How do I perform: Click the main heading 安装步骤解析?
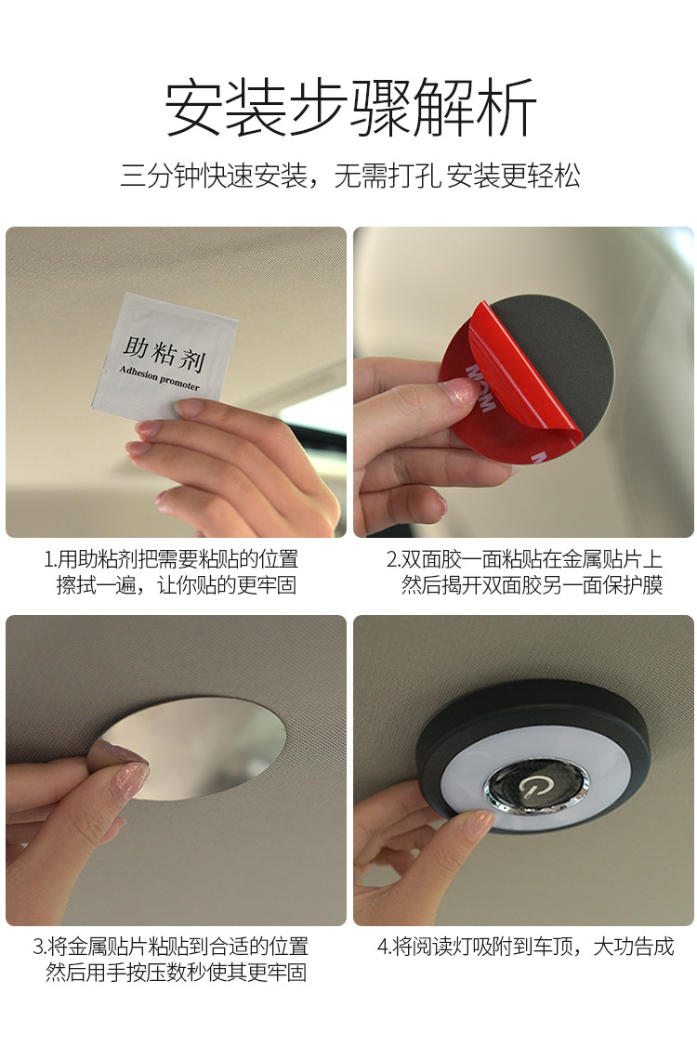click(x=349, y=108)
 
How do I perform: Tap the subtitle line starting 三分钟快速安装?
click(x=349, y=177)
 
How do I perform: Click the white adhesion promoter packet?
click(x=164, y=356)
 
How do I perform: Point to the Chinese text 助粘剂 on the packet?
click(x=164, y=354)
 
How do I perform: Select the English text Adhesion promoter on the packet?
click(x=160, y=377)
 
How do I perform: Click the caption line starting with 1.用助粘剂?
click(x=171, y=559)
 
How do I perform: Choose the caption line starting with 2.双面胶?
click(x=524, y=559)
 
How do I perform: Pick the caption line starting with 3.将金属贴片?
click(x=171, y=946)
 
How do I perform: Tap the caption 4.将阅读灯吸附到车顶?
click(x=525, y=946)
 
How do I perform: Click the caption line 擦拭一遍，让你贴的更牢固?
click(x=177, y=585)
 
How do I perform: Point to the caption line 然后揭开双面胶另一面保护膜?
click(x=533, y=585)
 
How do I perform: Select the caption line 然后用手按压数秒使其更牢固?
click(x=177, y=972)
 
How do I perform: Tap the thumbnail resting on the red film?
click(x=457, y=390)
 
